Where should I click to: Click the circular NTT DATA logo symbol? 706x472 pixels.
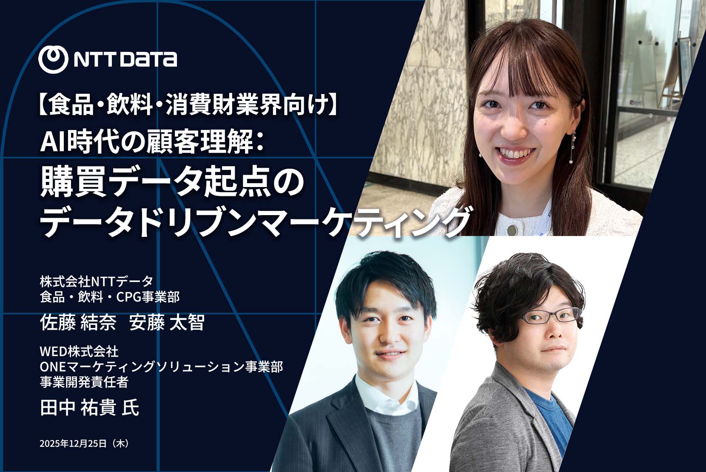click(53, 59)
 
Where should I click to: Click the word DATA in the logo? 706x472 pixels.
click(149, 60)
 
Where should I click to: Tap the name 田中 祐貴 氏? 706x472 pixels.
click(89, 408)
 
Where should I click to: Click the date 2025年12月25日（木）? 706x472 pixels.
click(85, 443)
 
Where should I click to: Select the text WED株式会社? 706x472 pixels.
click(79, 351)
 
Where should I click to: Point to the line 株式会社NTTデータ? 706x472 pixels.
click(97, 281)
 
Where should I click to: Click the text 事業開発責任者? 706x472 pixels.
click(84, 383)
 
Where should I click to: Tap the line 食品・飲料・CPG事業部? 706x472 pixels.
click(110, 297)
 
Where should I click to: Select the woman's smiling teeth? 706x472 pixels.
click(515, 154)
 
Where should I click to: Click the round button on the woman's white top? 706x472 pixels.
click(512, 230)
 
